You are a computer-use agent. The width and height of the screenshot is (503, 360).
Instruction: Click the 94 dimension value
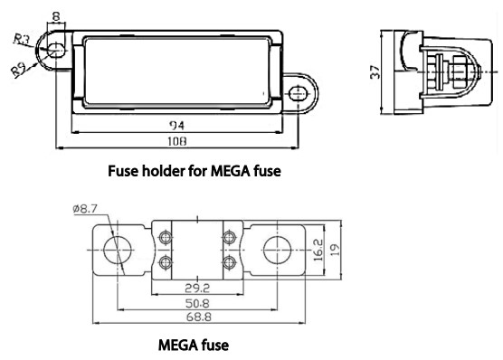click(176, 125)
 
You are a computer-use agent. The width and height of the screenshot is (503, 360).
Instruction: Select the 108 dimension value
click(176, 141)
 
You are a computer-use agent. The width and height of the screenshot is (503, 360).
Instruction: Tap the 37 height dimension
click(375, 72)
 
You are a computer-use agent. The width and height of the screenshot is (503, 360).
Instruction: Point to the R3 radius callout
click(22, 39)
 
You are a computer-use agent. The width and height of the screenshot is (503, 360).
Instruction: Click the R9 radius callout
click(19, 70)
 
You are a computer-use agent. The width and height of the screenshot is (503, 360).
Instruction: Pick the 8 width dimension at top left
click(56, 16)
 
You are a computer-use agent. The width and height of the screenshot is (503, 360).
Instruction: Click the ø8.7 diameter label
click(85, 209)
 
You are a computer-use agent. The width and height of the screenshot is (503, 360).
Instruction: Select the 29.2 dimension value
click(197, 289)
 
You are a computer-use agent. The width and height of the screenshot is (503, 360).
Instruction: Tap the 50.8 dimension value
click(197, 303)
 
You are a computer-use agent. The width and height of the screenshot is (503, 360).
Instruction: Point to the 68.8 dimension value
click(198, 317)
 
